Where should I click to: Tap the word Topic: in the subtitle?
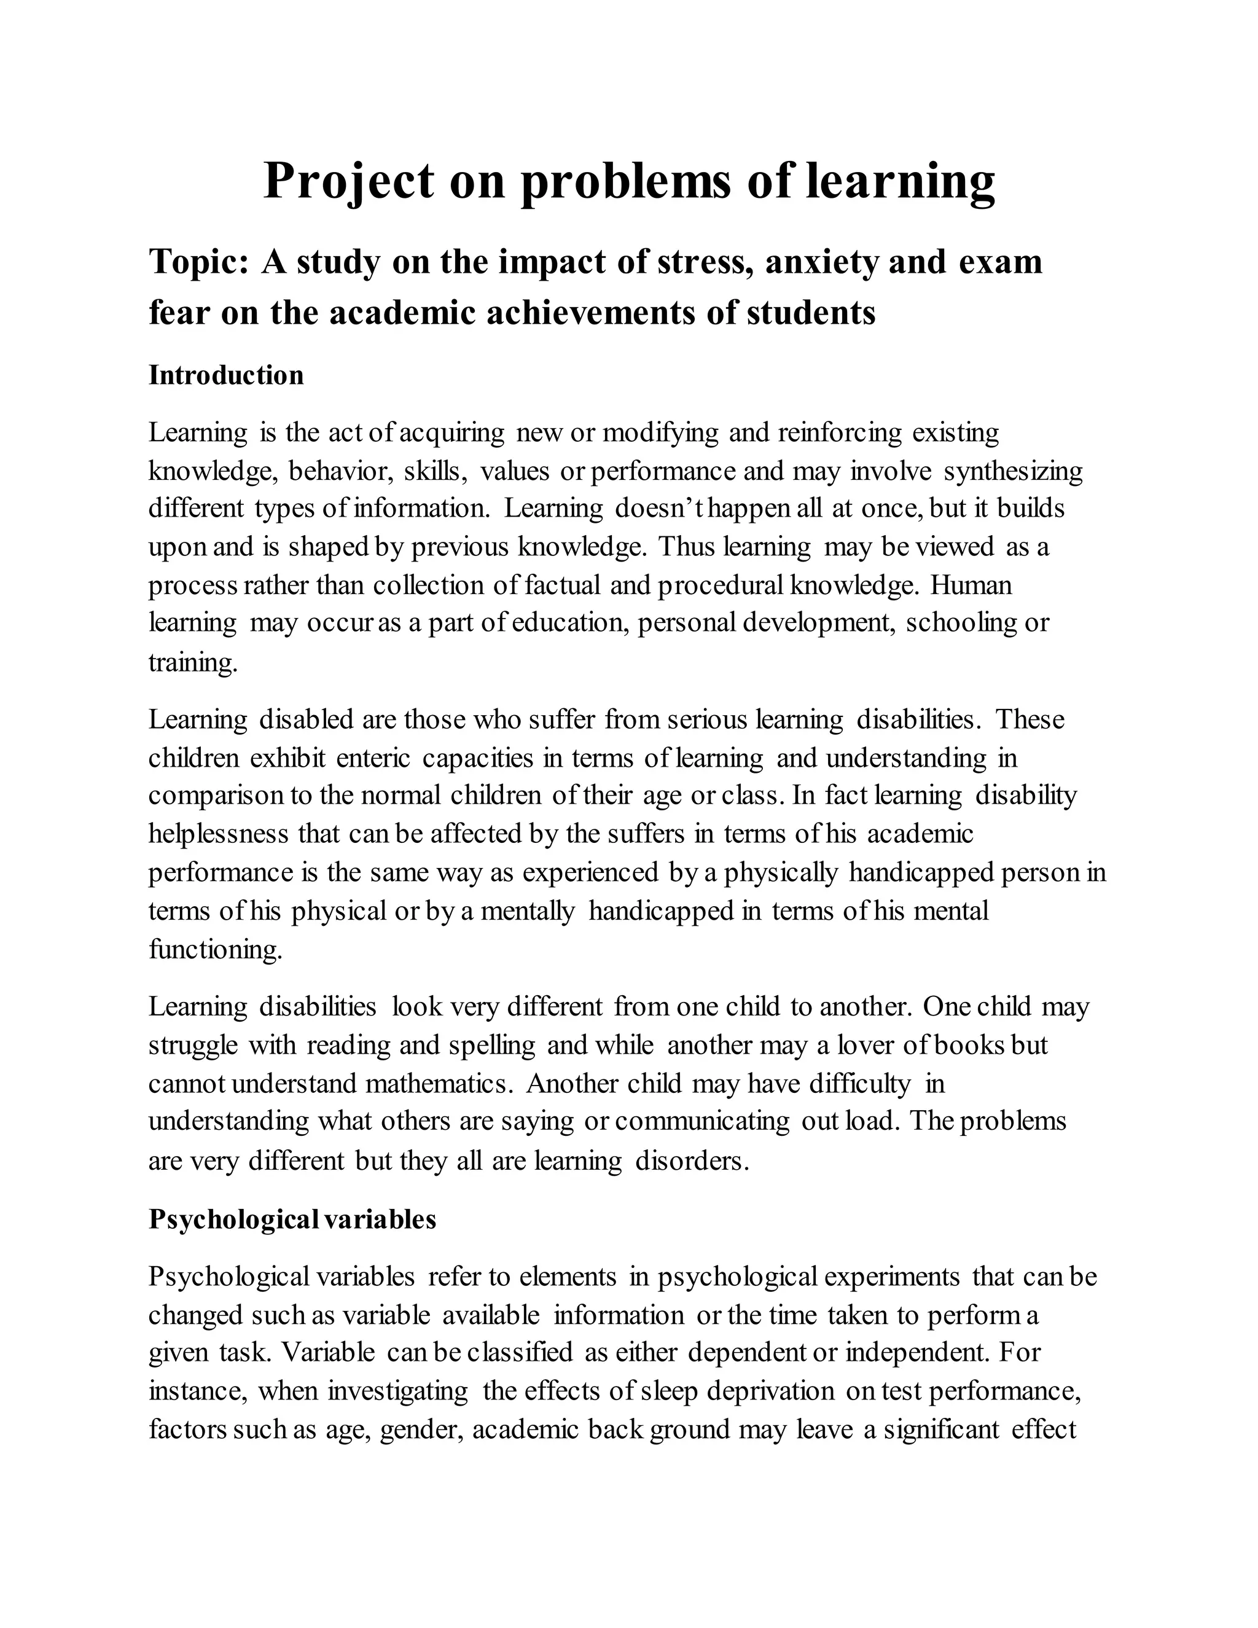point(198,262)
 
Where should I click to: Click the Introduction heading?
point(227,375)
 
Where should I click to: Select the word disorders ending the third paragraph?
point(692,1160)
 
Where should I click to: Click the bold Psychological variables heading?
point(292,1219)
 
